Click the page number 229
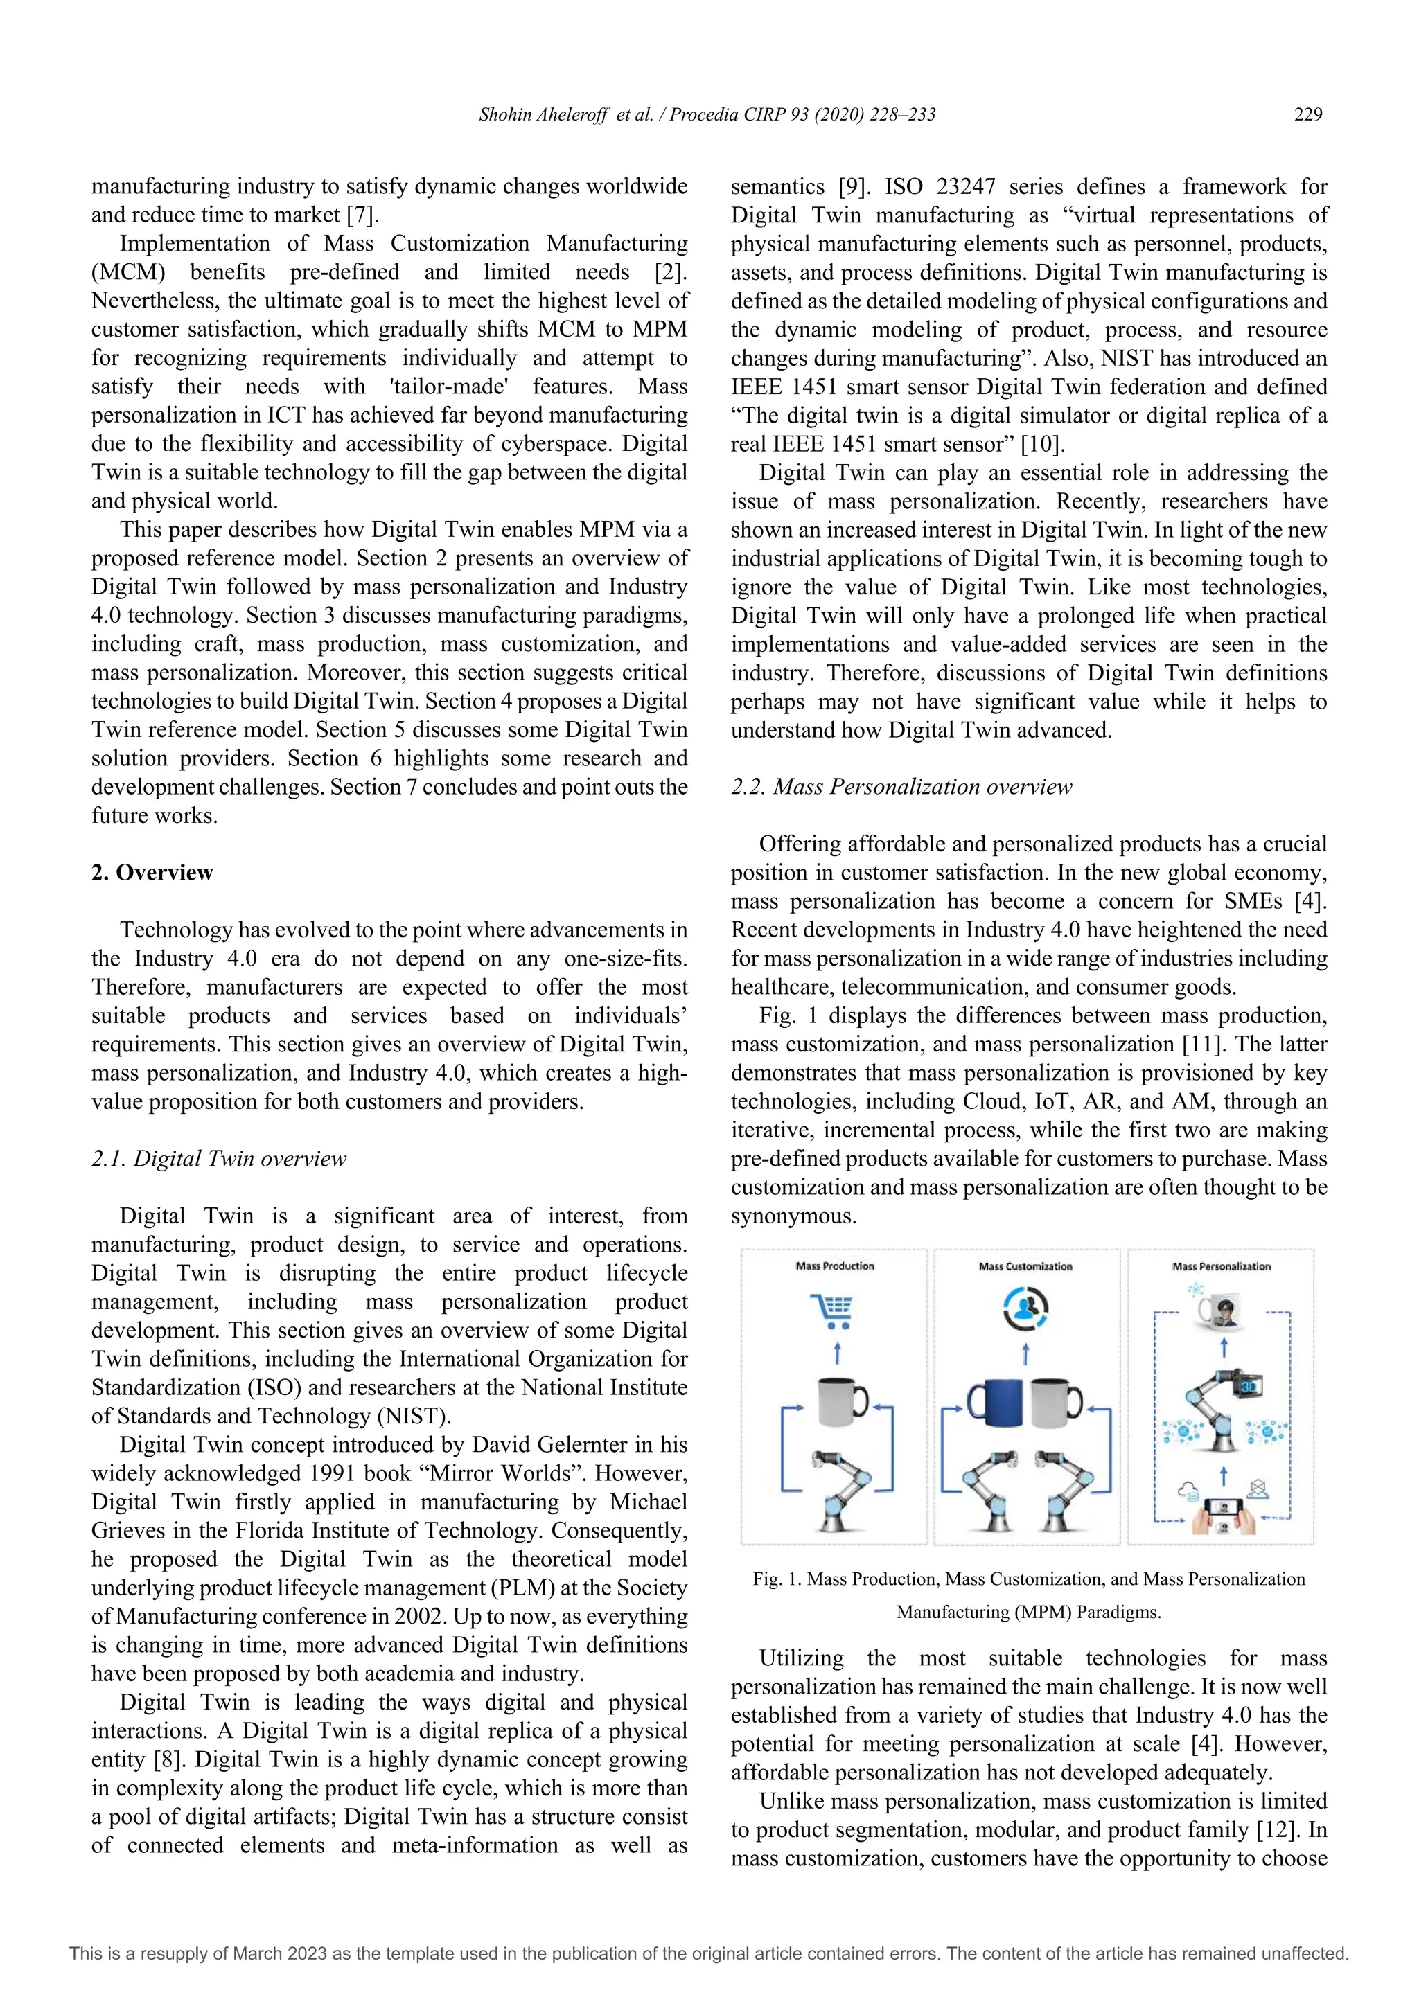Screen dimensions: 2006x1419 tap(1307, 114)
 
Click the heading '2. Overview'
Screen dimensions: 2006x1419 tap(152, 873)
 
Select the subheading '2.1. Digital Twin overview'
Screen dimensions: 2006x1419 tap(218, 1159)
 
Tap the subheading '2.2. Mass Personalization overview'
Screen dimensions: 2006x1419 tap(901, 787)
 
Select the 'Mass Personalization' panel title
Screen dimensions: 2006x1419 tap(1221, 1266)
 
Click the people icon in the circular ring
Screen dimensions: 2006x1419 tap(1026, 1308)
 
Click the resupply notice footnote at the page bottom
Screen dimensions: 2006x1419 tap(709, 1953)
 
